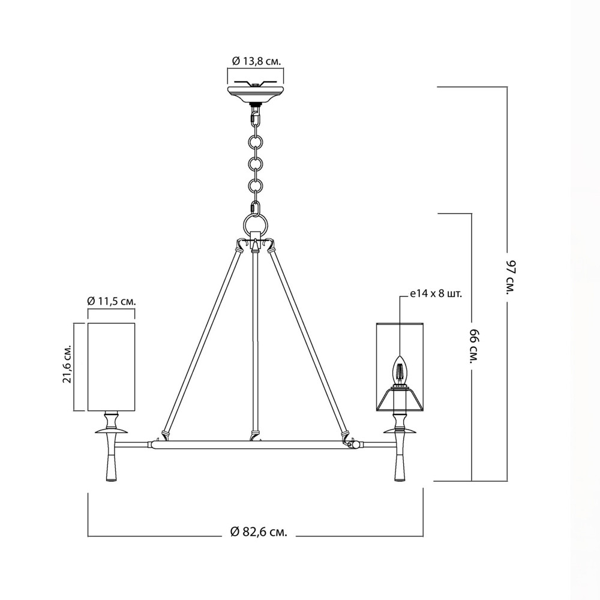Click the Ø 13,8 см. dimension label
click(x=256, y=61)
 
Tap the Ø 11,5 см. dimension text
click(x=112, y=301)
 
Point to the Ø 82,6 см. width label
click(x=259, y=532)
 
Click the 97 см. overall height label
click(x=512, y=277)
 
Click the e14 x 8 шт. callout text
click(x=436, y=294)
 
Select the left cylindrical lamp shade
click(x=112, y=367)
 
